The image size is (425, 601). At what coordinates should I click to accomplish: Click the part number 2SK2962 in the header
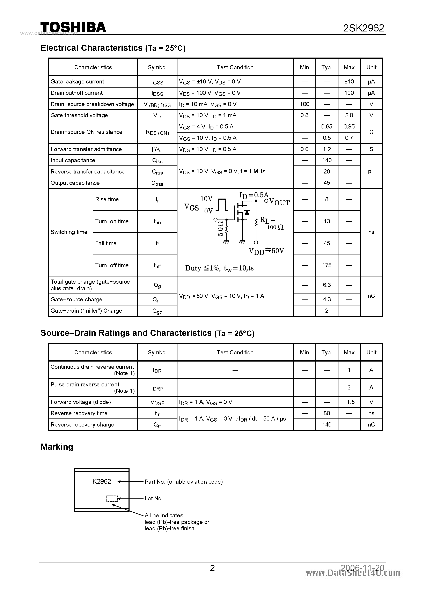point(364,28)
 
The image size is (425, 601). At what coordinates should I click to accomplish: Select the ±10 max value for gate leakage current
point(349,82)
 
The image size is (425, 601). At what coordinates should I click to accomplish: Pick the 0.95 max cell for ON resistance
point(349,127)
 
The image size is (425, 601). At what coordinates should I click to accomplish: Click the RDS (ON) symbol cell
point(157,132)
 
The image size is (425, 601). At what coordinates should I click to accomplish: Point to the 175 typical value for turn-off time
point(327,265)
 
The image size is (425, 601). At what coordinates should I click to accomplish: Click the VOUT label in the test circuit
point(279,202)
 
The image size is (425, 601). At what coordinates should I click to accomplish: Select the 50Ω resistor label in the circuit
point(220,228)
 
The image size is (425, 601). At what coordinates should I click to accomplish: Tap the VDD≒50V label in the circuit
point(266,251)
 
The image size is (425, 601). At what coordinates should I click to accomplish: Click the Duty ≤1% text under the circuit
point(203,268)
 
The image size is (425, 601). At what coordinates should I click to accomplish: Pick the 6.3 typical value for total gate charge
point(327,285)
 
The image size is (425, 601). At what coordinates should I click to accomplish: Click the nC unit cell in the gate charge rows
point(371,296)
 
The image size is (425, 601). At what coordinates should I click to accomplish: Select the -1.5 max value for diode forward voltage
point(349,402)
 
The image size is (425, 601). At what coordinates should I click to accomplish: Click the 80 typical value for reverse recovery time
point(327,413)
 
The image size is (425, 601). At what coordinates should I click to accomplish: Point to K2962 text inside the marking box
point(102,482)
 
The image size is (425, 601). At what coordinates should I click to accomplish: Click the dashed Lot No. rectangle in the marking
point(112,499)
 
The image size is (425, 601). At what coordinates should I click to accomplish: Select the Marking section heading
point(57,447)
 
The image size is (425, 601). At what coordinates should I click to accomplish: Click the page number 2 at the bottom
point(212,568)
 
